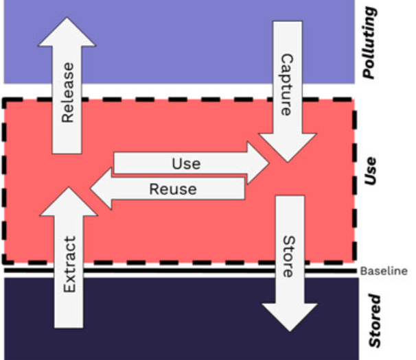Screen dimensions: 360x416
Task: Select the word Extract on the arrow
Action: click(x=68, y=265)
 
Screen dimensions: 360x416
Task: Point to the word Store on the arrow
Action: click(x=287, y=257)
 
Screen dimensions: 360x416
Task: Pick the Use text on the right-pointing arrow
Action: click(x=186, y=163)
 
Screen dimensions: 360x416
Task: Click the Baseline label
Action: click(x=384, y=271)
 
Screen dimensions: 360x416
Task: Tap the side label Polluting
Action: click(x=371, y=43)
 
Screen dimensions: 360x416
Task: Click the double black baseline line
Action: click(x=178, y=272)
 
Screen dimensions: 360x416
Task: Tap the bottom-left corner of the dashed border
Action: click(x=4, y=262)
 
